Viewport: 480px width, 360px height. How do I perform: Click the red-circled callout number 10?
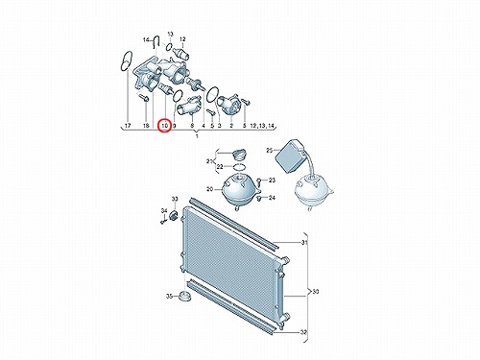(x=165, y=126)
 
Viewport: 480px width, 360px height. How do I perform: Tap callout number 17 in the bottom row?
(x=128, y=126)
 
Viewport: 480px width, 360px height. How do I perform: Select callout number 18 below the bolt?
(x=146, y=126)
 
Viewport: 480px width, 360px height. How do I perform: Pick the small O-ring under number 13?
(x=170, y=46)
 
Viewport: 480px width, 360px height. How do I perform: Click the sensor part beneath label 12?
(x=181, y=53)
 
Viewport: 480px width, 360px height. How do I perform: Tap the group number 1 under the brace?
(x=197, y=136)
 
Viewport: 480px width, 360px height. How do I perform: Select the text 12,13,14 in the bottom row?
(x=262, y=126)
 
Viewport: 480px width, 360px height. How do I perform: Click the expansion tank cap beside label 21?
(x=238, y=155)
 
